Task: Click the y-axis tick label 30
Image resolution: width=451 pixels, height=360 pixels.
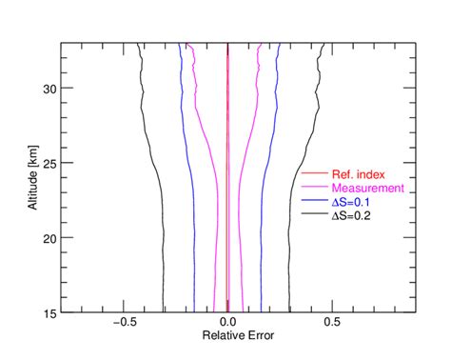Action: (x=49, y=88)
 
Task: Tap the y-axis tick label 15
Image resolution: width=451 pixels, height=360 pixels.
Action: (x=49, y=311)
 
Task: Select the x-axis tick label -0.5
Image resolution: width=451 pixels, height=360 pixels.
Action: (x=125, y=323)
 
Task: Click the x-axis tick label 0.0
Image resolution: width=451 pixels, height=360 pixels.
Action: (x=227, y=323)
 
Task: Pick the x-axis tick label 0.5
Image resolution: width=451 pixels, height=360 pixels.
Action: (x=331, y=323)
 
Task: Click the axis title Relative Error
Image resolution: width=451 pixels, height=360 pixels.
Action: (x=227, y=336)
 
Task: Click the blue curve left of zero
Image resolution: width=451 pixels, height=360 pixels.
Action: (x=194, y=238)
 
